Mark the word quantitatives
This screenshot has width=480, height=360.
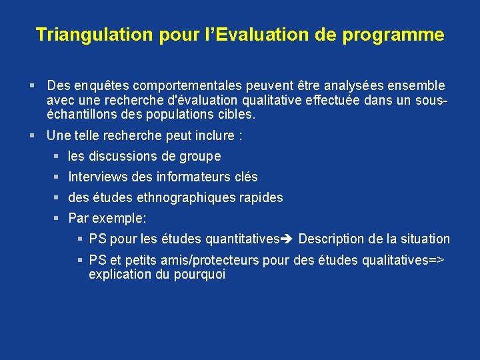[x=243, y=239]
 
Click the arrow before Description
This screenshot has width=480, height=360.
[x=287, y=239]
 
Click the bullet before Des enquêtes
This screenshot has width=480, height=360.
[x=33, y=86]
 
